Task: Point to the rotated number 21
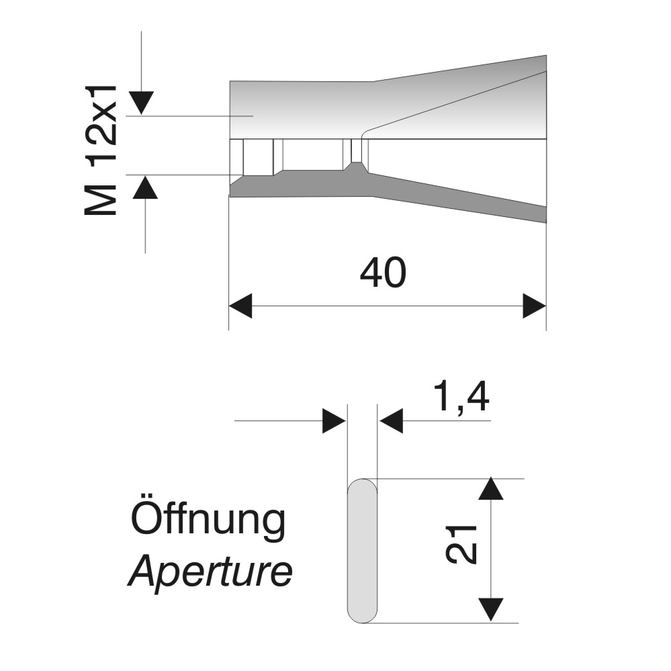click(x=463, y=543)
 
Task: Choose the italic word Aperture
click(x=210, y=573)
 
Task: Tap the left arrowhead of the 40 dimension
click(x=240, y=306)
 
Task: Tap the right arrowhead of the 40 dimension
click(x=535, y=306)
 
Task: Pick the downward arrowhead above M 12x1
click(x=142, y=102)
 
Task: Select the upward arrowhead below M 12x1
click(x=145, y=187)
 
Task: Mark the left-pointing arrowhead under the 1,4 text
click(x=391, y=422)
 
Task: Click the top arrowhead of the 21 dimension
click(x=492, y=488)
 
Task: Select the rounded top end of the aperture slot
click(x=363, y=486)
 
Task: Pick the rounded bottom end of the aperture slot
click(x=363, y=615)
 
